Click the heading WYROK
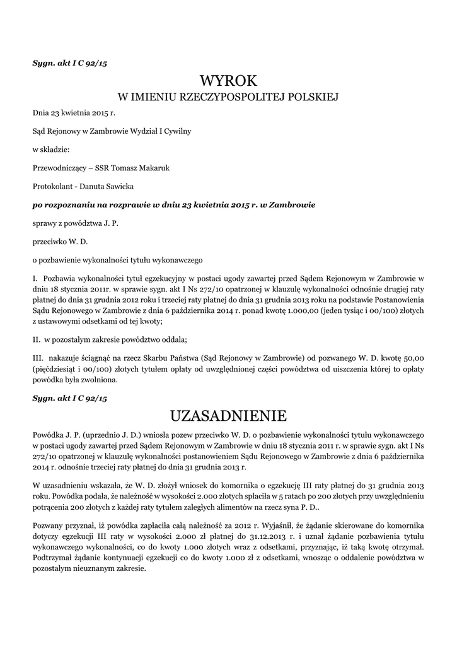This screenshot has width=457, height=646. click(228, 81)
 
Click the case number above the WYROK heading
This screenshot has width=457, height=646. click(71, 63)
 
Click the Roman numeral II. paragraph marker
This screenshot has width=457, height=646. click(37, 339)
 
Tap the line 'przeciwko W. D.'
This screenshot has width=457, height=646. click(59, 241)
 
